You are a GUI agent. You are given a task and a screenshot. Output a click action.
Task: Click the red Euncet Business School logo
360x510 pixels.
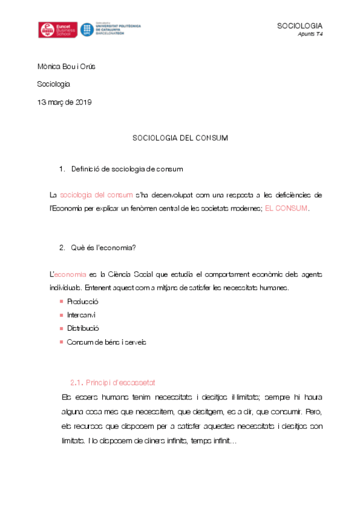(x=56, y=29)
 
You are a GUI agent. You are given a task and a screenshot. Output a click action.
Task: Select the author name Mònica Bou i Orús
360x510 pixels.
(x=66, y=67)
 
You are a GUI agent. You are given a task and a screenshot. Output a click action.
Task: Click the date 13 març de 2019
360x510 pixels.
(x=64, y=102)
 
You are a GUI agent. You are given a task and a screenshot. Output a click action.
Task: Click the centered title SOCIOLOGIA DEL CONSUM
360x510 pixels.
(x=180, y=138)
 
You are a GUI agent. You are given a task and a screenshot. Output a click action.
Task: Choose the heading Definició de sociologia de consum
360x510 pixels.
(x=127, y=169)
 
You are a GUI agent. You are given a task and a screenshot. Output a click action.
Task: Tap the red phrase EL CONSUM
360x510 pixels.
(x=286, y=208)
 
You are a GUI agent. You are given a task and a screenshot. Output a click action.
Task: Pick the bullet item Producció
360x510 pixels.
(x=82, y=301)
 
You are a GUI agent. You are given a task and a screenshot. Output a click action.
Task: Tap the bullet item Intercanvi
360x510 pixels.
(x=81, y=315)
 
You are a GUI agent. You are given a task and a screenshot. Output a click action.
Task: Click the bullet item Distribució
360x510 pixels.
(x=83, y=328)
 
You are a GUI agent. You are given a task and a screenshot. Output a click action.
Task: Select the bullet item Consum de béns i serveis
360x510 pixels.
(x=106, y=342)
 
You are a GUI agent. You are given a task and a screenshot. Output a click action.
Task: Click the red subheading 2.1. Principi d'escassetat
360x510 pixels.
(x=114, y=382)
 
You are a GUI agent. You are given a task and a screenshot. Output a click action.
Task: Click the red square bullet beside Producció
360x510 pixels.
(x=61, y=301)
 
